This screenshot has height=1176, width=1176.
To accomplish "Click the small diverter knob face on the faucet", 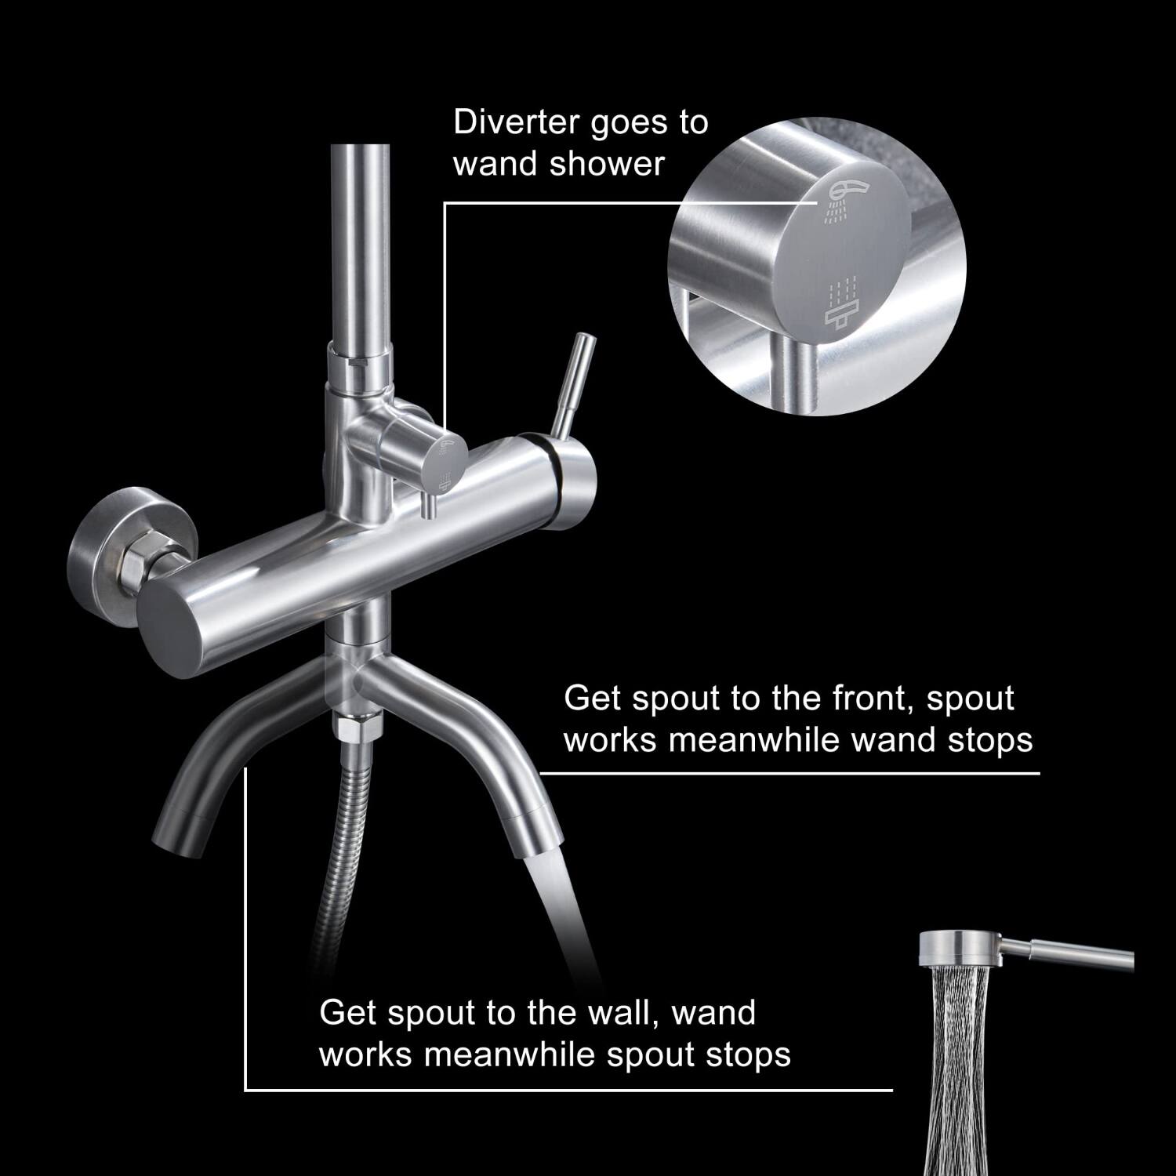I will click(449, 463).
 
